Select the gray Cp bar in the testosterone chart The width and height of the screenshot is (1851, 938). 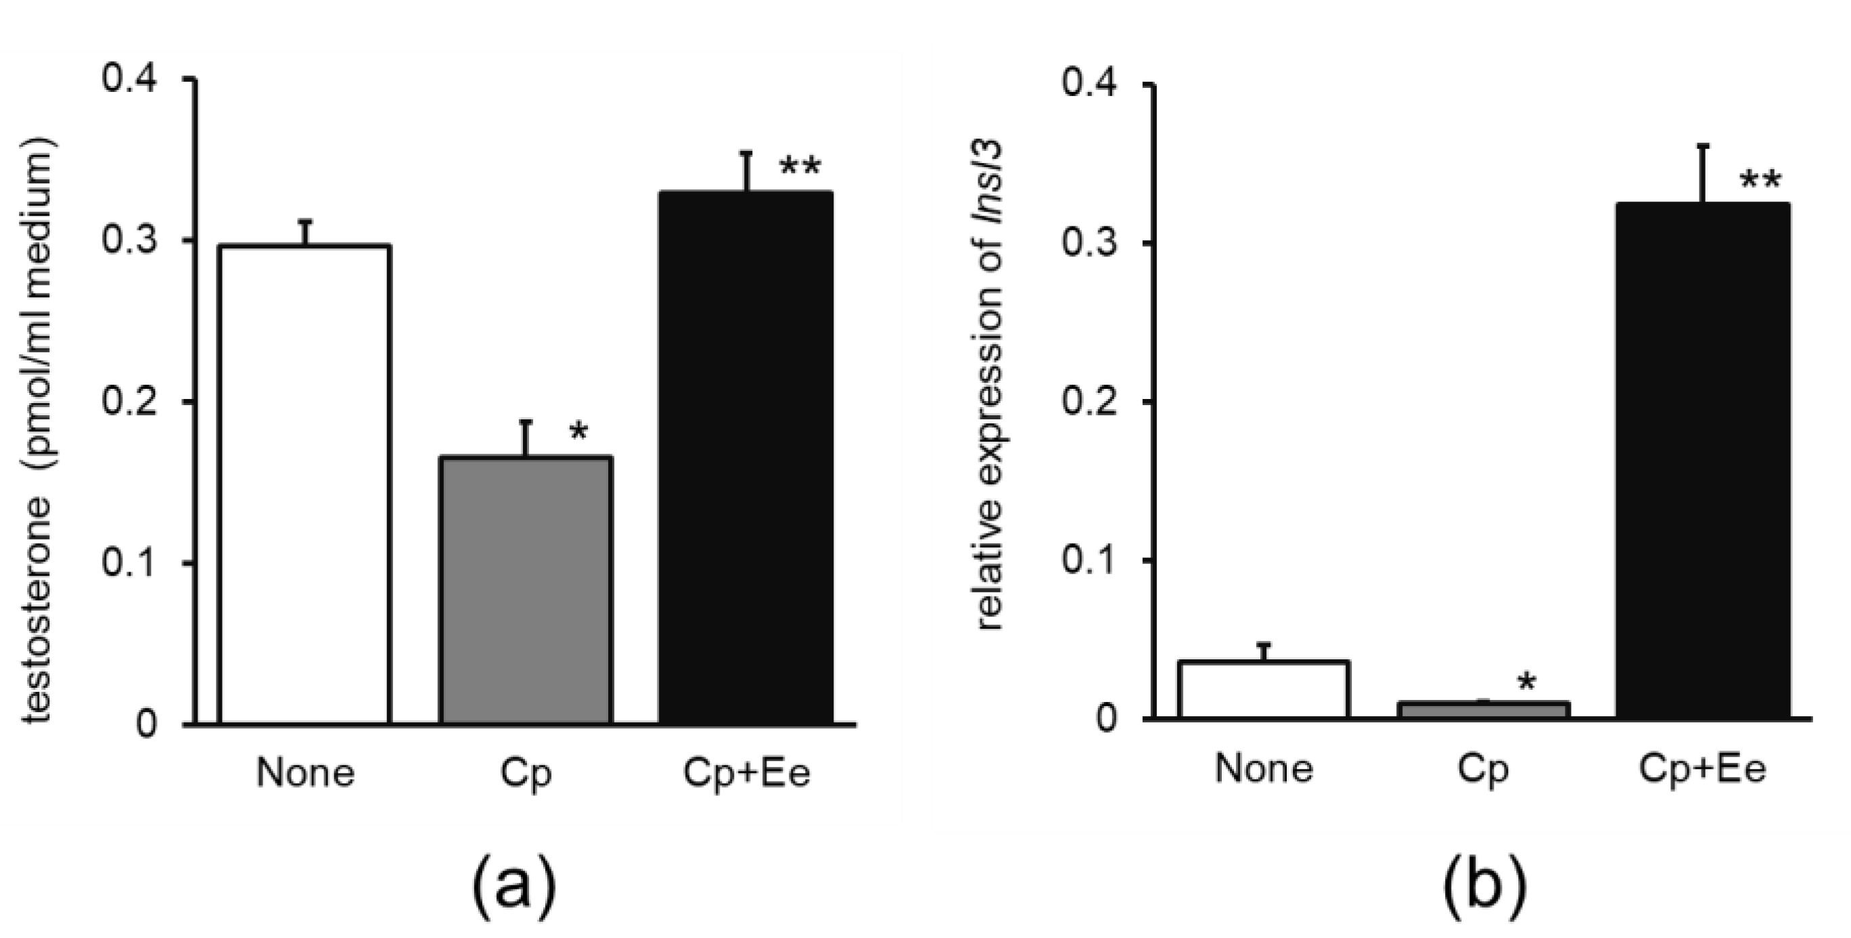click(525, 589)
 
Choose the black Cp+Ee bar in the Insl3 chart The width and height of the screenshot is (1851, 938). click(1702, 460)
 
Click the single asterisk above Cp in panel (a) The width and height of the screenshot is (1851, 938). click(578, 432)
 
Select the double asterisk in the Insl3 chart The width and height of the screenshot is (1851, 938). click(1760, 181)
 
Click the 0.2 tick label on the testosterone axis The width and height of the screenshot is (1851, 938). click(129, 401)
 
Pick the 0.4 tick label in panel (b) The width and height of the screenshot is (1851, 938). click(1089, 85)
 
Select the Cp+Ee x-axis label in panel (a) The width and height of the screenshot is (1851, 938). click(746, 774)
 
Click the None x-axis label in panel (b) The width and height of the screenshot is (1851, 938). click(1264, 768)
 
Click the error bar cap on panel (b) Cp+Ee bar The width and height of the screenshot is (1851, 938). click(1702, 147)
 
